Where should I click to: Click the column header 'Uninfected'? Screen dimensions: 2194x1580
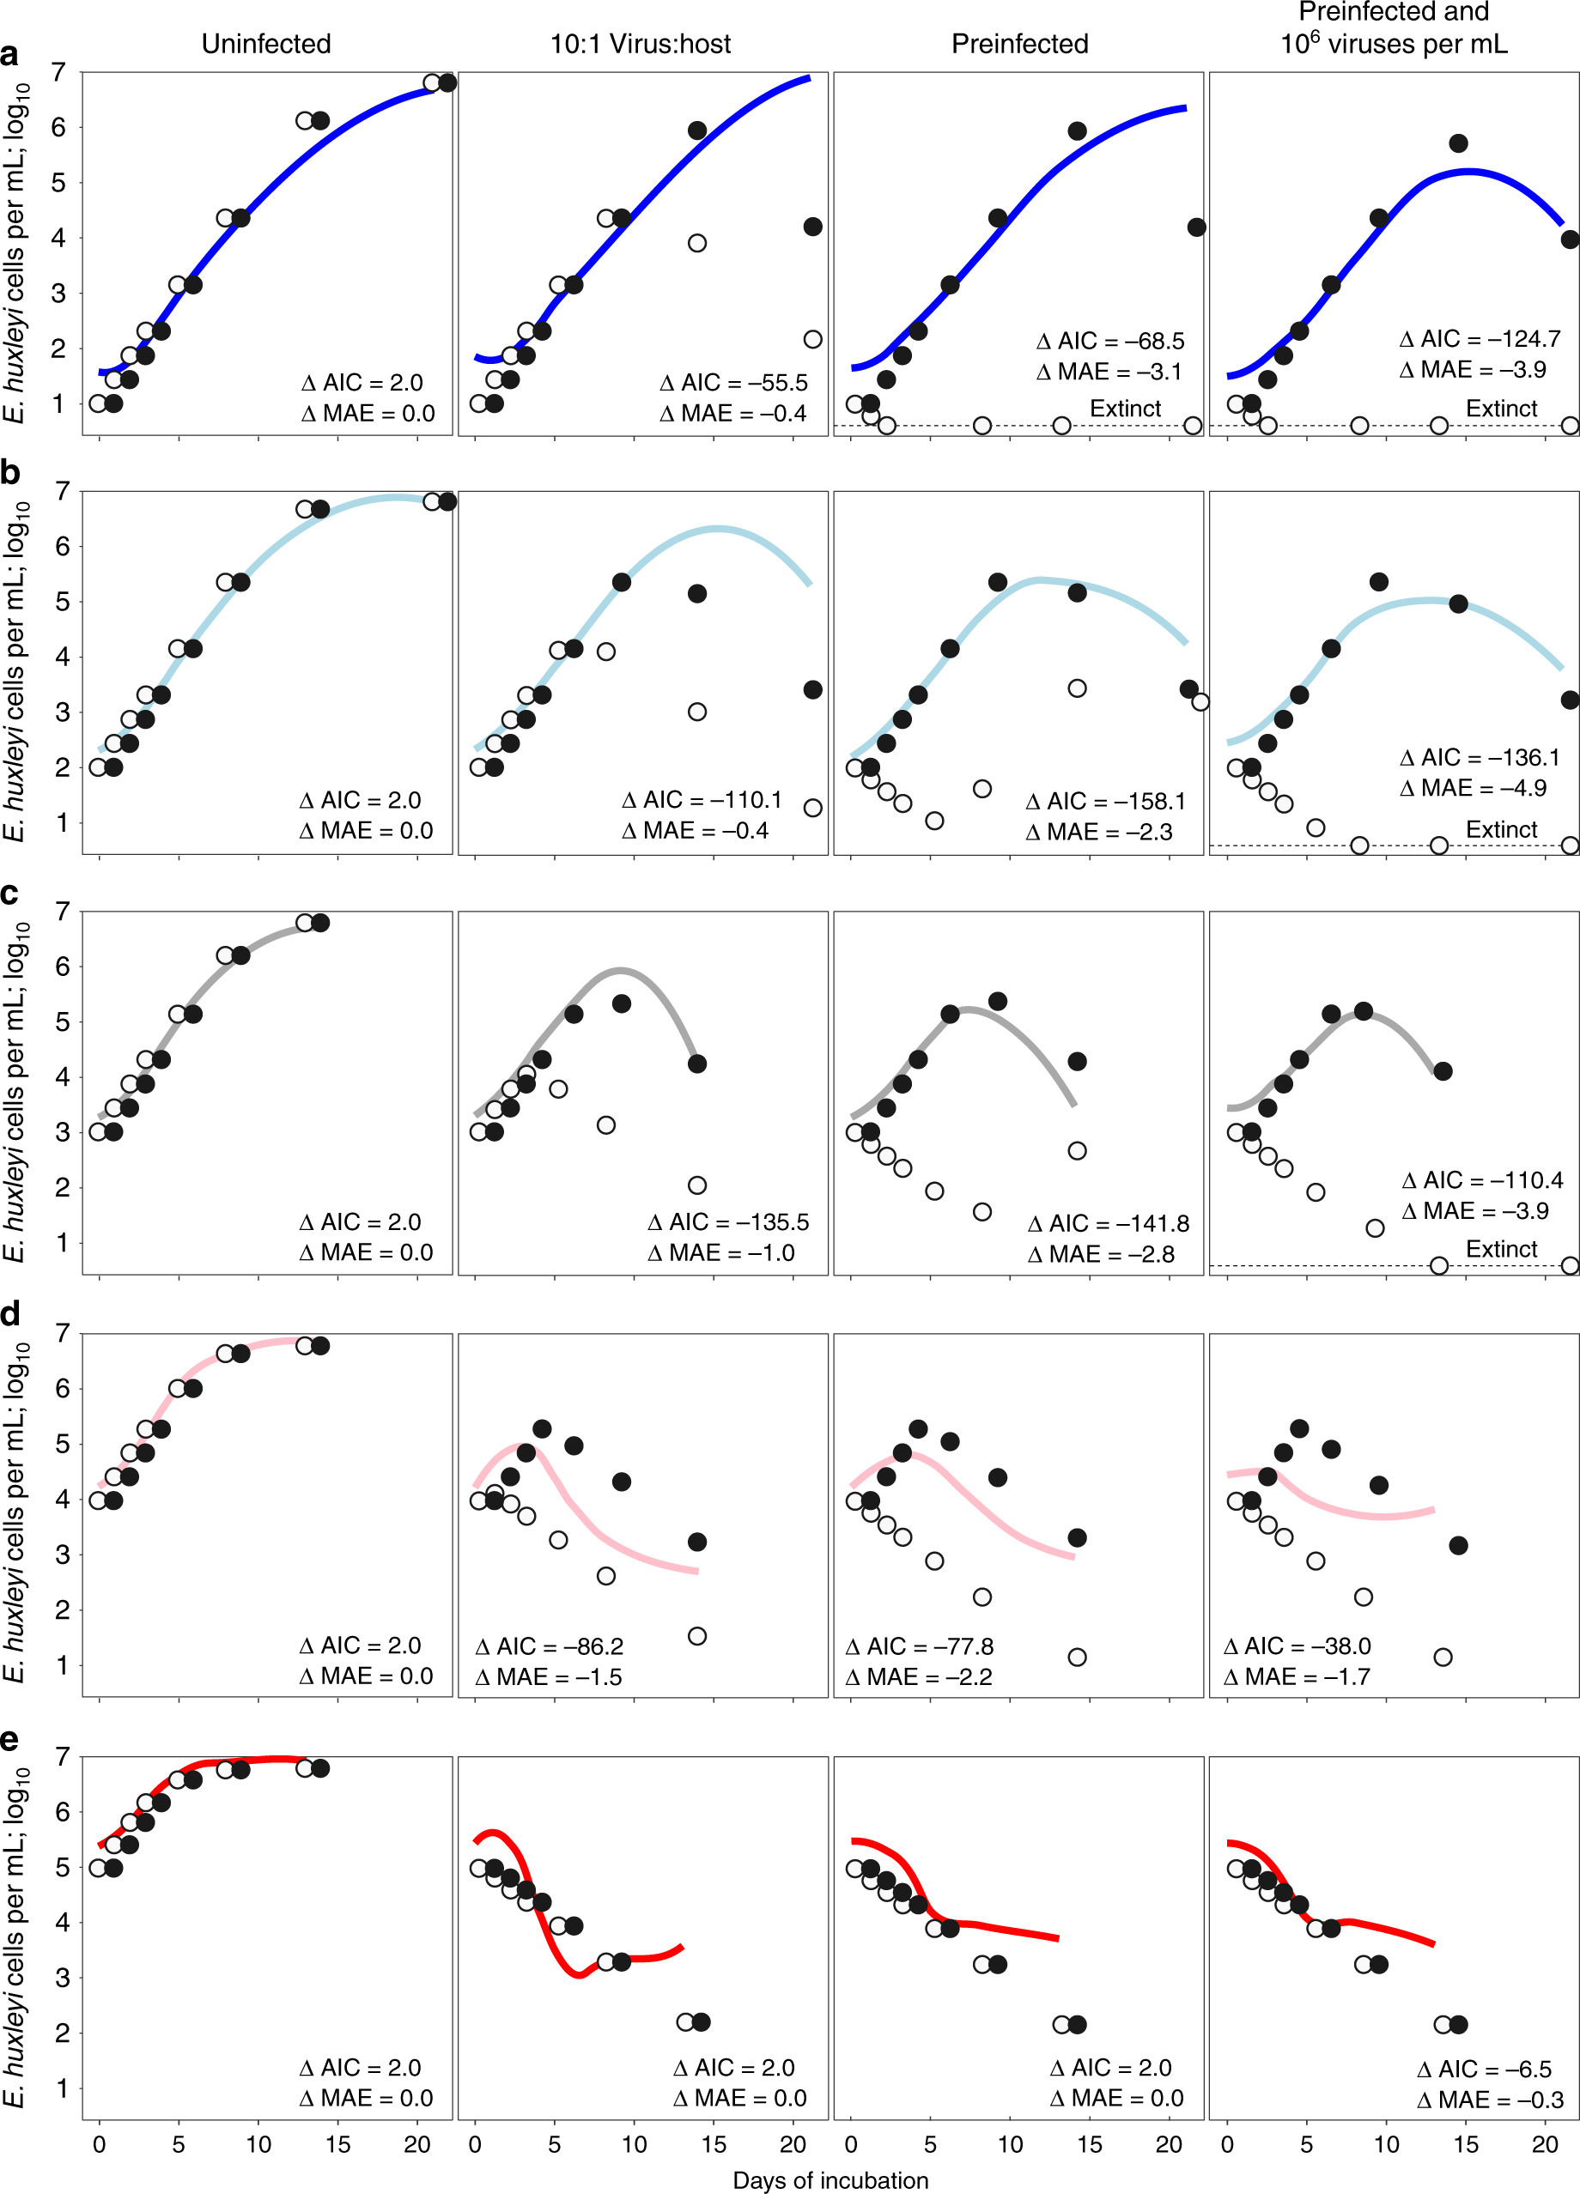266,44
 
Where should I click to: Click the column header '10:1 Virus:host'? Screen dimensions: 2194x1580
641,44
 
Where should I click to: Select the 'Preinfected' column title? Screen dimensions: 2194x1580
1020,44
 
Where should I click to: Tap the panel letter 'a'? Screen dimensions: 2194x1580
9,54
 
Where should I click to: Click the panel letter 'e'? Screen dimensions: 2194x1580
9,1738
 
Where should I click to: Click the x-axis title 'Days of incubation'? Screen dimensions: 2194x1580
830,2179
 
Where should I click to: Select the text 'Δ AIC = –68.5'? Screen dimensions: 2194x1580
1109,341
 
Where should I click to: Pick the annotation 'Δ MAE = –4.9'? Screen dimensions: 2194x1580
1473,787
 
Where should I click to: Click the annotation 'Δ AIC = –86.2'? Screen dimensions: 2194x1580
549,1645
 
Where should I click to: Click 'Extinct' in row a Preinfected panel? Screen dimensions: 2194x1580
1124,409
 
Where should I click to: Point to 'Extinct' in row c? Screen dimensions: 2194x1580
1501,1249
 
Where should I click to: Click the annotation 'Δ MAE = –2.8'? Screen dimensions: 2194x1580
1100,1254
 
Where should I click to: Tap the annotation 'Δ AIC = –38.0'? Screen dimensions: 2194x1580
1297,1645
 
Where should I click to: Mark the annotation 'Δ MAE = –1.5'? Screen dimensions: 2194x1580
549,1676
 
